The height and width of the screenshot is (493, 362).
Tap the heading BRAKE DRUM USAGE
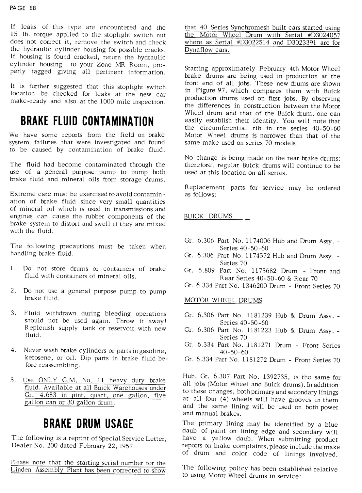click(88, 424)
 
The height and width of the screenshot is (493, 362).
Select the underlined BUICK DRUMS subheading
click(208, 216)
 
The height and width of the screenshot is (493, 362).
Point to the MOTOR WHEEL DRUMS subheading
click(223, 300)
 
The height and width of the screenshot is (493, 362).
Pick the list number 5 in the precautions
click(13, 380)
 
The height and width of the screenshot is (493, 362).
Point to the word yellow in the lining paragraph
click(222, 439)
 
